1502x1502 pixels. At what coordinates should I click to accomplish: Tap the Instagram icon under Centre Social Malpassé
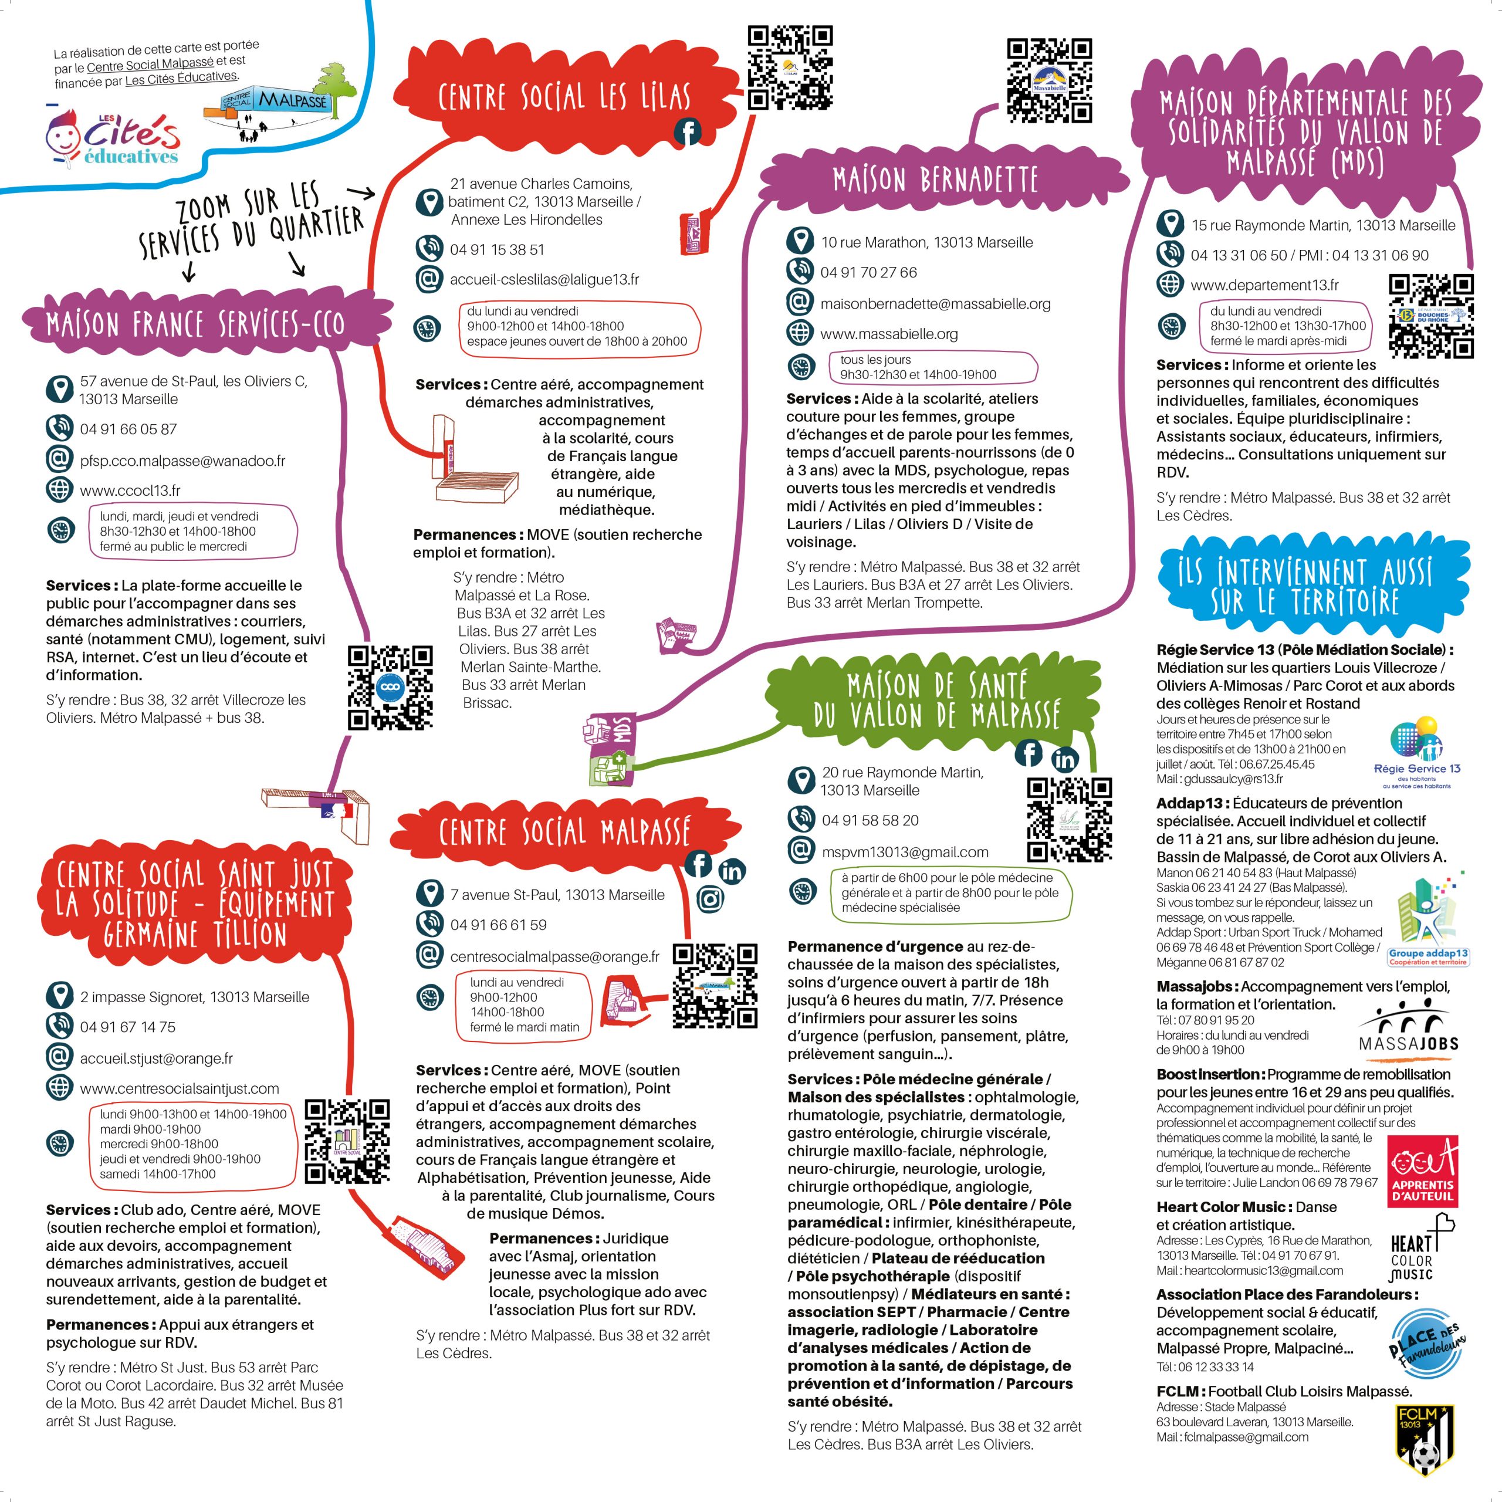pyautogui.click(x=711, y=899)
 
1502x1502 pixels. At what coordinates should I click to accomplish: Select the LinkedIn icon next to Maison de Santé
pyautogui.click(x=1064, y=760)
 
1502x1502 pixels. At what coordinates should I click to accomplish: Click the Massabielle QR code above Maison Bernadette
pyautogui.click(x=1050, y=81)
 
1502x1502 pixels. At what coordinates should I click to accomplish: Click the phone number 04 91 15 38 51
pyautogui.click(x=497, y=249)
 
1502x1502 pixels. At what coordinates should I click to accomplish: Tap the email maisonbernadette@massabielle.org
pyautogui.click(x=935, y=304)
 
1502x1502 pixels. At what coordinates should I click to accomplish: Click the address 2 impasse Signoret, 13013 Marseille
pyautogui.click(x=194, y=997)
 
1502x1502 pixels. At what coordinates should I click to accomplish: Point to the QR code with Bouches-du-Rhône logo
pyautogui.click(x=1431, y=316)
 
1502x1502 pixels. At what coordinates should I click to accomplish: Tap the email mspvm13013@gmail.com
pyautogui.click(x=905, y=852)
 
